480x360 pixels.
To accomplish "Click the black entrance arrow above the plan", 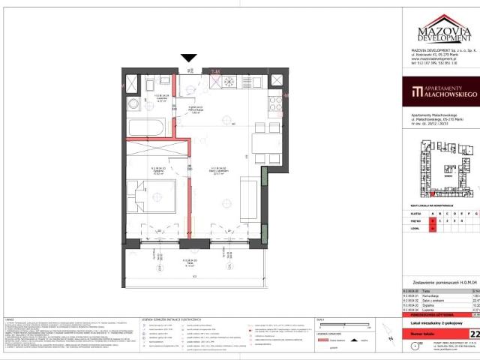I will point(188,57).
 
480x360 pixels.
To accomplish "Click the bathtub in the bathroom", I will point(150,125).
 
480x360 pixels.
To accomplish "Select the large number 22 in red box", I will point(473,334).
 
